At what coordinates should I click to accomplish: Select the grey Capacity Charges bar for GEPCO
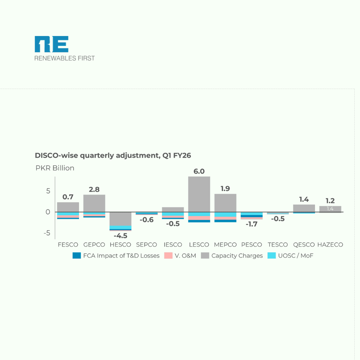[94, 203]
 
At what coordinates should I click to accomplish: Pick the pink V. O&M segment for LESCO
[199, 218]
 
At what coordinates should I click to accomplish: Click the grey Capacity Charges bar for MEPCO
[225, 203]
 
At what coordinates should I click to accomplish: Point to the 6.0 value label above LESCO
[199, 171]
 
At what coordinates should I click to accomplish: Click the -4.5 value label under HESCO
[120, 236]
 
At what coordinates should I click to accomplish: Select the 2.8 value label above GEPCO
[94, 189]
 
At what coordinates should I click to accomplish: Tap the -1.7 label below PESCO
[251, 224]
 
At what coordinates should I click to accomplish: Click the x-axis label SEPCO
[146, 245]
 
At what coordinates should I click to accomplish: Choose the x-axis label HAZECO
[330, 245]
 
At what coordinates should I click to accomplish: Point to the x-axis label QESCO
[304, 245]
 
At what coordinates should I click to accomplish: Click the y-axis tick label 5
[48, 191]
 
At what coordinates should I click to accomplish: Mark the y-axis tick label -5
[47, 233]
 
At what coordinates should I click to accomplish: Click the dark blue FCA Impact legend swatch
[77, 256]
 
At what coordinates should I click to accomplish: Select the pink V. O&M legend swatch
[168, 256]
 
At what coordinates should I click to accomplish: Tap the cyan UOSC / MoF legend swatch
[272, 256]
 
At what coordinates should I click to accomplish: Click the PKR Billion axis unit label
[55, 168]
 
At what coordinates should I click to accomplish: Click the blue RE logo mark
[52, 44]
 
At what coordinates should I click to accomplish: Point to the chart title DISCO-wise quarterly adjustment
[113, 155]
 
